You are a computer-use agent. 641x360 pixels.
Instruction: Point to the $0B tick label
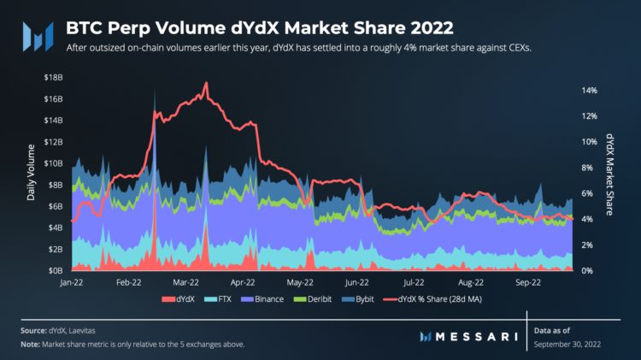pos(53,270)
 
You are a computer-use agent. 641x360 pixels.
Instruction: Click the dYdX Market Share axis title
pos(609,174)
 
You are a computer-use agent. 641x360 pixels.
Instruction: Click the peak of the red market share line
pos(206,83)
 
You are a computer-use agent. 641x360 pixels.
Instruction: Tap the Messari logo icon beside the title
pos(38,36)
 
